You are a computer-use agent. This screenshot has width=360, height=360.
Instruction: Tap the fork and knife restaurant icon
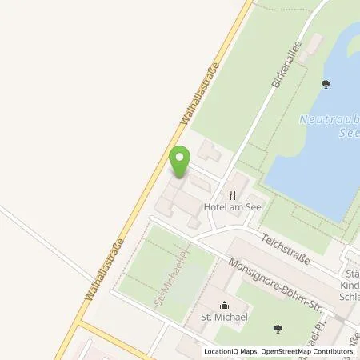[233, 194]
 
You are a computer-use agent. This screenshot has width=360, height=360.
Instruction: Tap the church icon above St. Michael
[225, 305]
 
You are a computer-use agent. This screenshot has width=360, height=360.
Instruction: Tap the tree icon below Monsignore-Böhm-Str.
[277, 327]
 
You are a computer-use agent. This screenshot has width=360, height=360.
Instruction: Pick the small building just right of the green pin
[207, 149]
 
